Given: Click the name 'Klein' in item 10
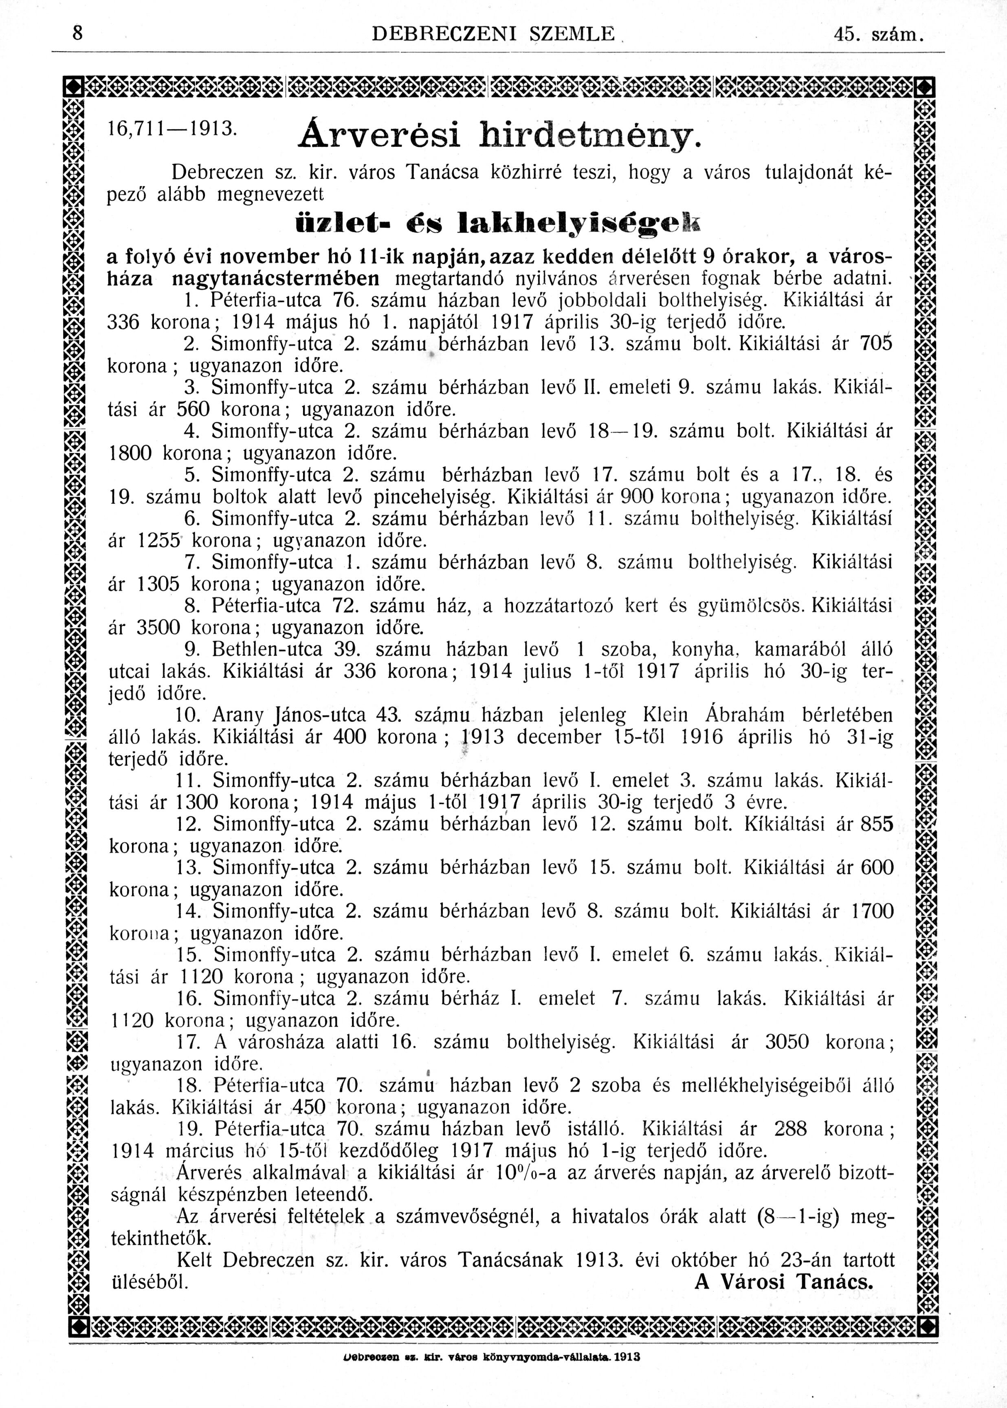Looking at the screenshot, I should [x=665, y=715].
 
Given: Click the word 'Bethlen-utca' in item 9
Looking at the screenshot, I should [x=267, y=650].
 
